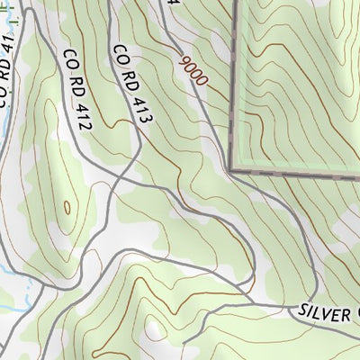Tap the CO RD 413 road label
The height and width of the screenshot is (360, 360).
tap(130, 82)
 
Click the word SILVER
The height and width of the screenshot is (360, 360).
tap(324, 311)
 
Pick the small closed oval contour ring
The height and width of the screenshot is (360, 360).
tap(67, 208)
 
